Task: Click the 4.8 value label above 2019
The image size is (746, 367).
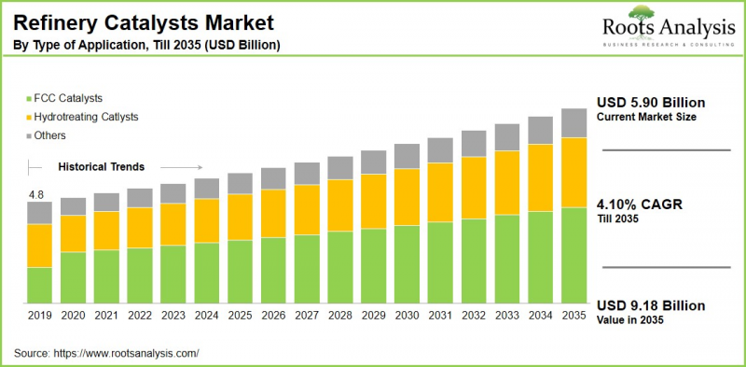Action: [x=36, y=194]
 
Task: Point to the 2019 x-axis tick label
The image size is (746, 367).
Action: [x=39, y=317]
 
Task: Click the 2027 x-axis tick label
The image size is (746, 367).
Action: [x=307, y=317]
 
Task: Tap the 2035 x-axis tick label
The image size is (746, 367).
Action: [x=573, y=317]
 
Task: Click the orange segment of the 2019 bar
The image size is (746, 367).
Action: [x=39, y=246]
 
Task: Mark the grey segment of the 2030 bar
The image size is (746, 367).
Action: [x=407, y=156]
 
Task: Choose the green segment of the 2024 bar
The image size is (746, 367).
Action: [x=206, y=273]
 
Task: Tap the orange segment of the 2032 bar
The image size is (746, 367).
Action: [x=474, y=188]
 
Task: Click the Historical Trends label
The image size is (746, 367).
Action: [x=101, y=167]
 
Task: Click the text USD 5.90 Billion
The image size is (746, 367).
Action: [x=651, y=102]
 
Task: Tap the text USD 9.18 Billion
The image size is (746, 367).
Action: [x=651, y=305]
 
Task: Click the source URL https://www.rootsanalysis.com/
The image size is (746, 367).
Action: [x=127, y=353]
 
